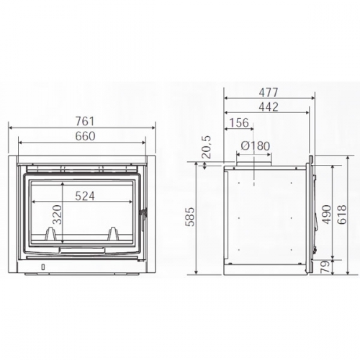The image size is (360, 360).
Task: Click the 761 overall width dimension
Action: pyautogui.click(x=85, y=121)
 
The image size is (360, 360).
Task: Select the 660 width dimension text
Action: pyautogui.click(x=85, y=136)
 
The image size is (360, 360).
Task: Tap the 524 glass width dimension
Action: pyautogui.click(x=85, y=196)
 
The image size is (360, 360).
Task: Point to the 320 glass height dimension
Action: pyautogui.click(x=57, y=215)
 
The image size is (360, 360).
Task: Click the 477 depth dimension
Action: pyautogui.click(x=269, y=92)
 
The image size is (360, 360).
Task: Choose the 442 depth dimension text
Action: pyautogui.click(x=269, y=107)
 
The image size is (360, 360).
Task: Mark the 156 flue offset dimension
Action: pyautogui.click(x=239, y=122)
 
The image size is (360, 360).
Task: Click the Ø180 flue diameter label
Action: pyautogui.click(x=256, y=146)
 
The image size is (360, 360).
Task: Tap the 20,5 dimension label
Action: pyautogui.click(x=207, y=147)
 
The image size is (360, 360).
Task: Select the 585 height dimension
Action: pyautogui.click(x=190, y=217)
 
